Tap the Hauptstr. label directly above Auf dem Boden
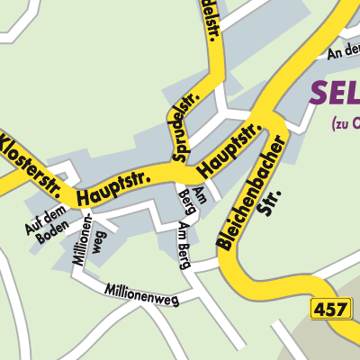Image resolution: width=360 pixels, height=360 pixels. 112,185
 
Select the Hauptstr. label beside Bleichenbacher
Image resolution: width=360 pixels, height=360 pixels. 229,149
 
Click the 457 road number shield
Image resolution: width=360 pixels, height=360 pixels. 328,310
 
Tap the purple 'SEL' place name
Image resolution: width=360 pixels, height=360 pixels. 335,92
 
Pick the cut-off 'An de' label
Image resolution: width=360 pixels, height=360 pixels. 344,52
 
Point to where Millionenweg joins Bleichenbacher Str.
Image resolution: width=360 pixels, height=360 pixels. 220,263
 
